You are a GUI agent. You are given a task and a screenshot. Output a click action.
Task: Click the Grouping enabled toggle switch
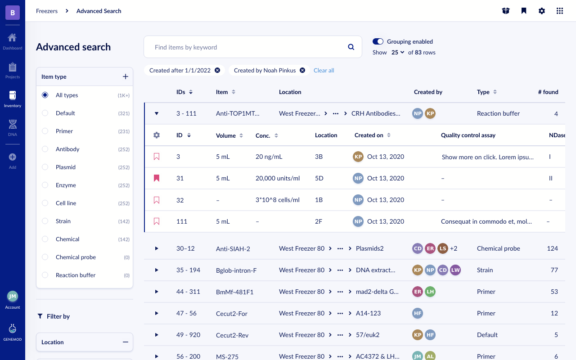(x=378, y=41)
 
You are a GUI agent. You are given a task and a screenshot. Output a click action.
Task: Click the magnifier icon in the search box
(x=351, y=47)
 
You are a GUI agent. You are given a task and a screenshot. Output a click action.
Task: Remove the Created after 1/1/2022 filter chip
(x=217, y=70)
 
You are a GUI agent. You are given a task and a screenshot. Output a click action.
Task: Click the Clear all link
(x=324, y=70)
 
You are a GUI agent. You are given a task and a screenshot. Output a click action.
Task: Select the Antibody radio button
(x=45, y=149)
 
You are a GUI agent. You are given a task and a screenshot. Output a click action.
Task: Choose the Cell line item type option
(x=45, y=203)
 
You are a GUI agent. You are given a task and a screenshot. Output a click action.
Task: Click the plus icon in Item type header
(x=126, y=76)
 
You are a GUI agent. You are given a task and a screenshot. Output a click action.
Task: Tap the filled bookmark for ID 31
(x=157, y=178)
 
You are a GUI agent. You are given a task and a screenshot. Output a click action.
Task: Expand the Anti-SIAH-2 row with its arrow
(x=157, y=248)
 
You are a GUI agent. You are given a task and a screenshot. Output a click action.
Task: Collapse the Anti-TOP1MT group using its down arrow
(x=157, y=113)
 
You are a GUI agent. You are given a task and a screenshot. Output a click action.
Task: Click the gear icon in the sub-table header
(x=157, y=135)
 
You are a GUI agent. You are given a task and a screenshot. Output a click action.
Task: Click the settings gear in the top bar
(x=542, y=11)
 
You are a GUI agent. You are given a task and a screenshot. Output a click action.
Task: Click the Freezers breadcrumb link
(x=47, y=11)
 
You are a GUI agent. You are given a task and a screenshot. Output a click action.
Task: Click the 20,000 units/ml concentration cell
(x=278, y=178)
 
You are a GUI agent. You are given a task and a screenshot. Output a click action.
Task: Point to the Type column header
(x=483, y=92)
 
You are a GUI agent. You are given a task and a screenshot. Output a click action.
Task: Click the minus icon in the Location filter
(x=126, y=342)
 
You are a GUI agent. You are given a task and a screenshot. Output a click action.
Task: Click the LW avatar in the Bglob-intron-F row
(x=455, y=270)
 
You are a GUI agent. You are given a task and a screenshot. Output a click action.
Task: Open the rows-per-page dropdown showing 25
(x=398, y=52)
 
